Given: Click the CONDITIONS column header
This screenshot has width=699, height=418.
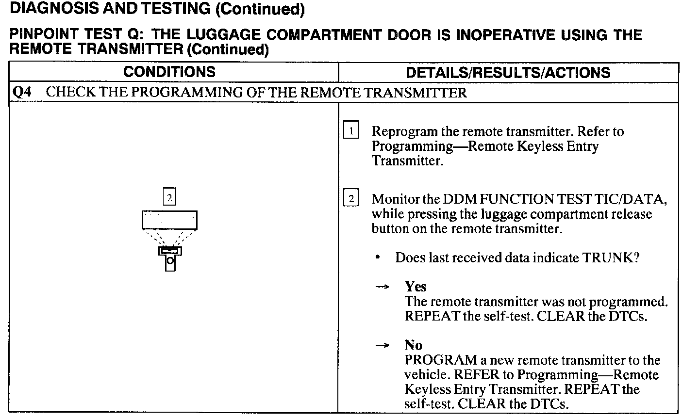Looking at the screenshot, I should [x=169, y=72].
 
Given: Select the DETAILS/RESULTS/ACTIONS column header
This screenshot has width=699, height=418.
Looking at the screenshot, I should [x=508, y=73].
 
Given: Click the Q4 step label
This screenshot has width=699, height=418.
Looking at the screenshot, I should [x=21, y=93].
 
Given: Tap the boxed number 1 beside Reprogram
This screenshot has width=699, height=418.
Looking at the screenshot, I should [x=350, y=131].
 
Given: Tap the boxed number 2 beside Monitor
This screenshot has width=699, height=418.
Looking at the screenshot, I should [x=350, y=199].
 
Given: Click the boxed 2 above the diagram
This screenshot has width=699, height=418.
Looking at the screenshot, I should [x=169, y=197].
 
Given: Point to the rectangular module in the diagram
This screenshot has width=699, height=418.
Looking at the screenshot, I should [x=169, y=220].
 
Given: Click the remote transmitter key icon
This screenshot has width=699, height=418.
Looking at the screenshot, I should [x=170, y=257].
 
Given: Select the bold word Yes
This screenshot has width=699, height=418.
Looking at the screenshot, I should [x=416, y=287].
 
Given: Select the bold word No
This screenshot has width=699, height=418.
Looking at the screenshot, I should [x=413, y=345].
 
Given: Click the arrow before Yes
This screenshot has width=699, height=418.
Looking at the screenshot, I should [x=383, y=287].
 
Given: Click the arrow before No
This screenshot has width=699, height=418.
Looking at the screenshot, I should [x=383, y=346].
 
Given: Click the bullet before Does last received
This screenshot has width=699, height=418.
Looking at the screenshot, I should [x=378, y=257].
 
